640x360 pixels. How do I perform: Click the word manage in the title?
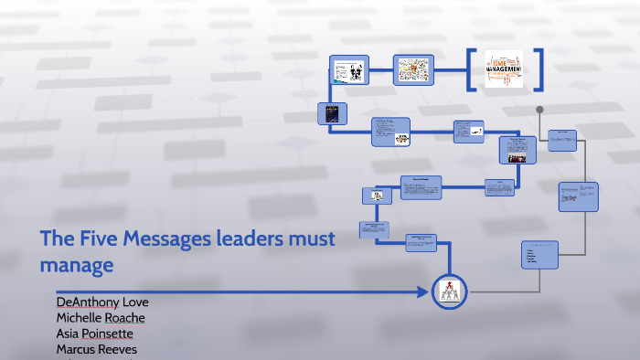coord(77,266)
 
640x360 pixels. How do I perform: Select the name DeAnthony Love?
coord(102,302)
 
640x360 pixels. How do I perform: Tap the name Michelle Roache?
coord(101,317)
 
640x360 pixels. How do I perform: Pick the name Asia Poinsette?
coord(95,334)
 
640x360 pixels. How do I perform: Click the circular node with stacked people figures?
coord(450,292)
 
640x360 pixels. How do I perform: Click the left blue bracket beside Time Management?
coord(470,69)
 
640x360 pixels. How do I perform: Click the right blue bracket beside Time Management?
coord(538,69)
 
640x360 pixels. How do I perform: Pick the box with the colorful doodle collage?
coord(411,69)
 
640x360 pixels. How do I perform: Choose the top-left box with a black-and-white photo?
coord(347,70)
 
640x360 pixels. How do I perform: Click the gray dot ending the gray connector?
coord(539,110)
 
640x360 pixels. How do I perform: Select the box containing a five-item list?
coord(539,255)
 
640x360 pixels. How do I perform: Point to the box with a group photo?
coord(517,150)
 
